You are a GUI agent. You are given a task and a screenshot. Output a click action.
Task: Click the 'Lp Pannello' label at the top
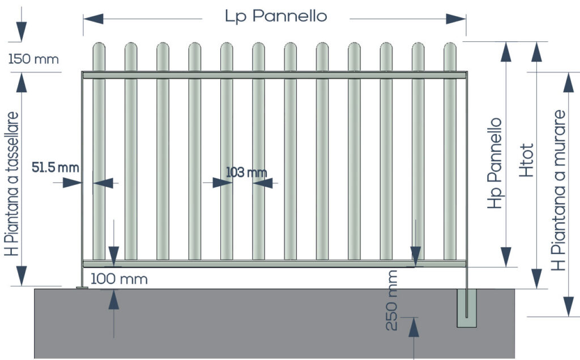[276, 16]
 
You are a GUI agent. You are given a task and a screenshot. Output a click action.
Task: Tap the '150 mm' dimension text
[33, 59]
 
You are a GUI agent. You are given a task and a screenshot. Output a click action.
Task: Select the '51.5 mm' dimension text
[55, 168]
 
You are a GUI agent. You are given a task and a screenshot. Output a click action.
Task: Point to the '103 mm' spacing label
[246, 172]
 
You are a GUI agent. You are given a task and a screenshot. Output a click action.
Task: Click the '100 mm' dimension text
[119, 279]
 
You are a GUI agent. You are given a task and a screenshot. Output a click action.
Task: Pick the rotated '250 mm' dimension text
[391, 300]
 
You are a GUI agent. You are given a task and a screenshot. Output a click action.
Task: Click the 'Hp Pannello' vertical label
[494, 163]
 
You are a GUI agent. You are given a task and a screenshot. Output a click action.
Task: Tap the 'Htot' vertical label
[527, 160]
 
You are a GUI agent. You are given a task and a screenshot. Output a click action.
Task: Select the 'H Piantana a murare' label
[558, 190]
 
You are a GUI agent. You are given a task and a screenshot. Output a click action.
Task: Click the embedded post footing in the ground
[467, 308]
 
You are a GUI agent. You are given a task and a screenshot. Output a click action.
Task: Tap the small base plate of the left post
[82, 287]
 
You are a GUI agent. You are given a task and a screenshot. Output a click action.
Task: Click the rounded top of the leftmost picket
[99, 48]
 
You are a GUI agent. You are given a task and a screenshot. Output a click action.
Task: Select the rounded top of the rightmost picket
[450, 48]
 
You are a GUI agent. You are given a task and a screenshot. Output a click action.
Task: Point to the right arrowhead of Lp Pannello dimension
[456, 19]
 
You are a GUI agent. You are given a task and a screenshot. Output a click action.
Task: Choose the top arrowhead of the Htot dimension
[537, 52]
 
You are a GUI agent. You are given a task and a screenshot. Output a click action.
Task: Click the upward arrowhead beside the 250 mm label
[413, 327]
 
